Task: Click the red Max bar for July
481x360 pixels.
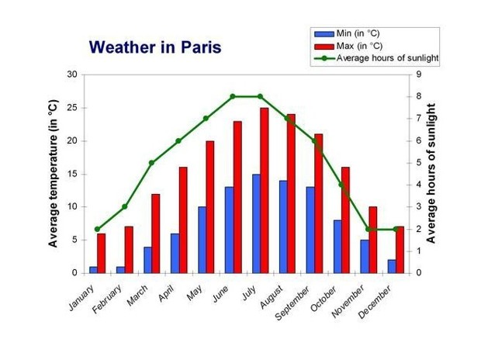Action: (264, 190)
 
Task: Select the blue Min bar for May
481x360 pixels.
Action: (202, 240)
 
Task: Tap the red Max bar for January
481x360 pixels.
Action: (101, 253)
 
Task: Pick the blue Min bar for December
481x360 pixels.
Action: (392, 266)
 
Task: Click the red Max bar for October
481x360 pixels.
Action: (345, 220)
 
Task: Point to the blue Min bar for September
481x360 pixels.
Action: (310, 230)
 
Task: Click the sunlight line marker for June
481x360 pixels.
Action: (233, 96)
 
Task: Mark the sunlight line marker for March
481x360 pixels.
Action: (151, 163)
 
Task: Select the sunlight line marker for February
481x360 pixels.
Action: (125, 207)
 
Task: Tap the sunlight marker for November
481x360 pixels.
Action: (368, 229)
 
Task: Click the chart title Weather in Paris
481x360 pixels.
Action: (155, 47)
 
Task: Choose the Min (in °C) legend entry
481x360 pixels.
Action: (347, 33)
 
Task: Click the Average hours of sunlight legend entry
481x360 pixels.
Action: (376, 58)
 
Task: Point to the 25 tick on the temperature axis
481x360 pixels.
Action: (72, 108)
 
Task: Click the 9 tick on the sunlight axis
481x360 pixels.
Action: (419, 74)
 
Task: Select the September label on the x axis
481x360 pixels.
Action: (292, 303)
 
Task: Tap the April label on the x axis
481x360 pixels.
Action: (166, 293)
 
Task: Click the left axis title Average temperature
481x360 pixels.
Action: (53, 173)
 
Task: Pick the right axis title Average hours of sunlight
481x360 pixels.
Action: (431, 173)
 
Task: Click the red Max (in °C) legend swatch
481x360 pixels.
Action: (324, 47)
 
